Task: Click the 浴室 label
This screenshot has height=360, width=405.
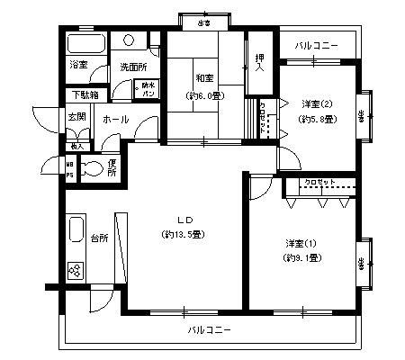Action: point(78,66)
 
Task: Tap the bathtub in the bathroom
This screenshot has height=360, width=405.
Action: point(85,45)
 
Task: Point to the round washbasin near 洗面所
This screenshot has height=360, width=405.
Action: point(130,40)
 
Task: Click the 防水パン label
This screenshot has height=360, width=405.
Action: point(146,89)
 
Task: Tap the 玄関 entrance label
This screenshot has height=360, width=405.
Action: point(76,119)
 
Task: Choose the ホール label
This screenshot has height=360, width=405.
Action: point(114,119)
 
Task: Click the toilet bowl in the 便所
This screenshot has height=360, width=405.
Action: point(91,167)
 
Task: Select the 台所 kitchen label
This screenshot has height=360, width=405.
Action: point(99,238)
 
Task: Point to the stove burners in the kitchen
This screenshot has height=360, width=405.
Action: point(75,270)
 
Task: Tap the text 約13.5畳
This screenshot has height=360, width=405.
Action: point(185,235)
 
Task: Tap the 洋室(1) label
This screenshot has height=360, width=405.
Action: point(302,243)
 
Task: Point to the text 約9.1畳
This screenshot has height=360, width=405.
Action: point(302,257)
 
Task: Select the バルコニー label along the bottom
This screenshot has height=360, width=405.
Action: point(210,329)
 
